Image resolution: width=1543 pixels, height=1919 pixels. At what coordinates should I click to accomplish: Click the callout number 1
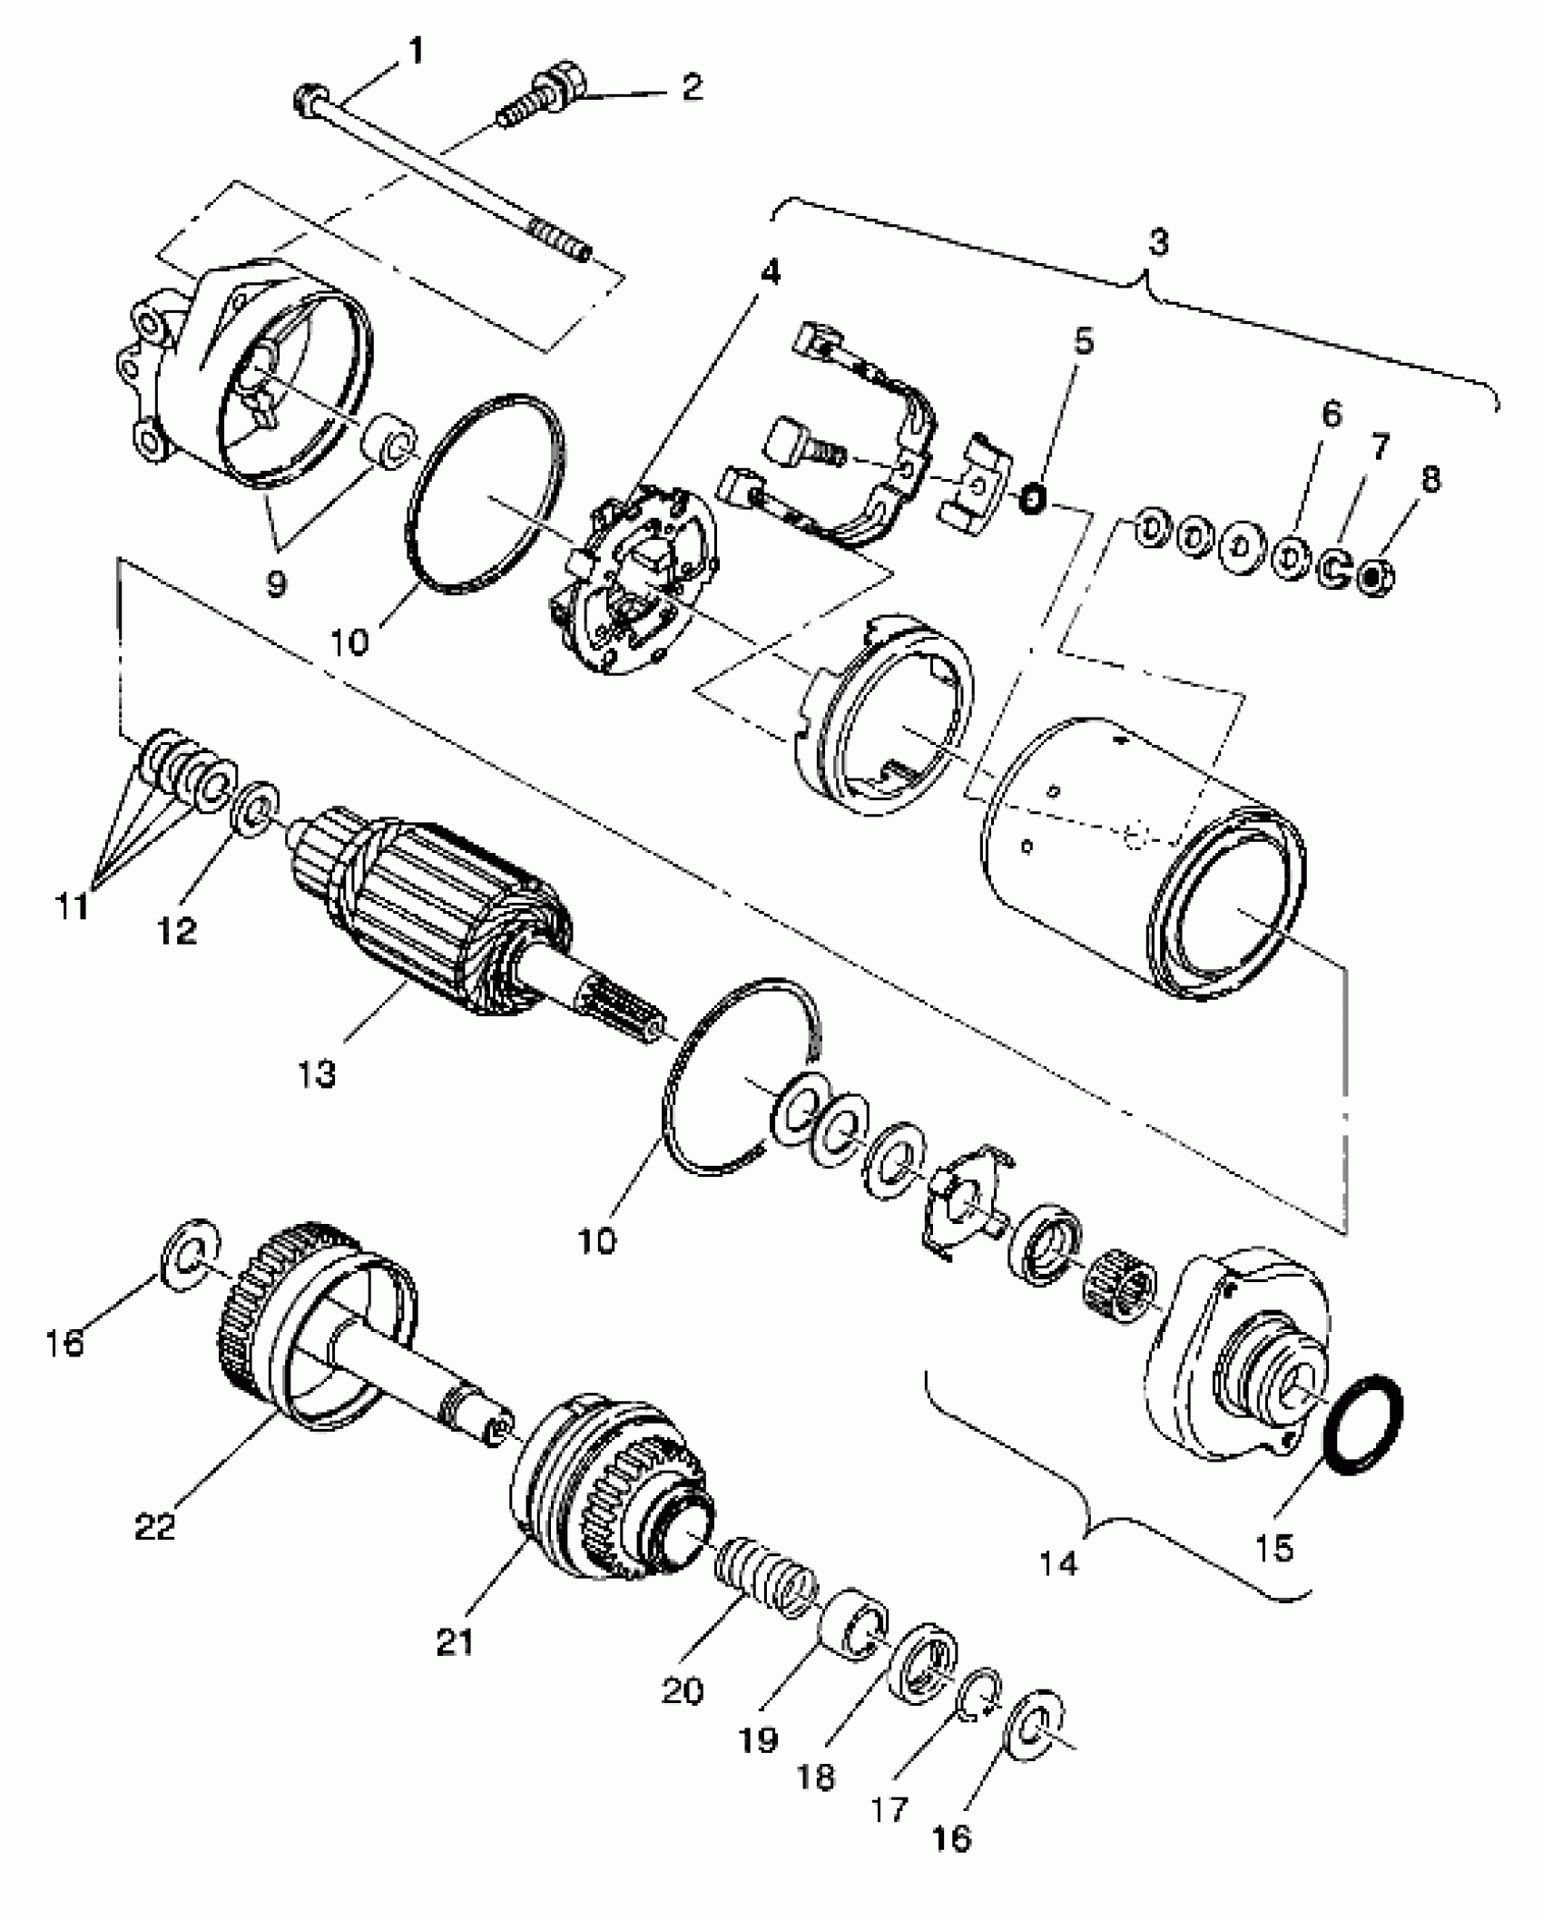416,52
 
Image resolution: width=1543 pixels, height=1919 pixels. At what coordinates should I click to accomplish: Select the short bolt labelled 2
545,96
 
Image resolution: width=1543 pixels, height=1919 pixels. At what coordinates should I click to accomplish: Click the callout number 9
276,583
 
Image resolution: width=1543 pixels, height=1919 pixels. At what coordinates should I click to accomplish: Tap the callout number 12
178,930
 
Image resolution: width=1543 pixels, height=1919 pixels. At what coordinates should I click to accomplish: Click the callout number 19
759,1739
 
